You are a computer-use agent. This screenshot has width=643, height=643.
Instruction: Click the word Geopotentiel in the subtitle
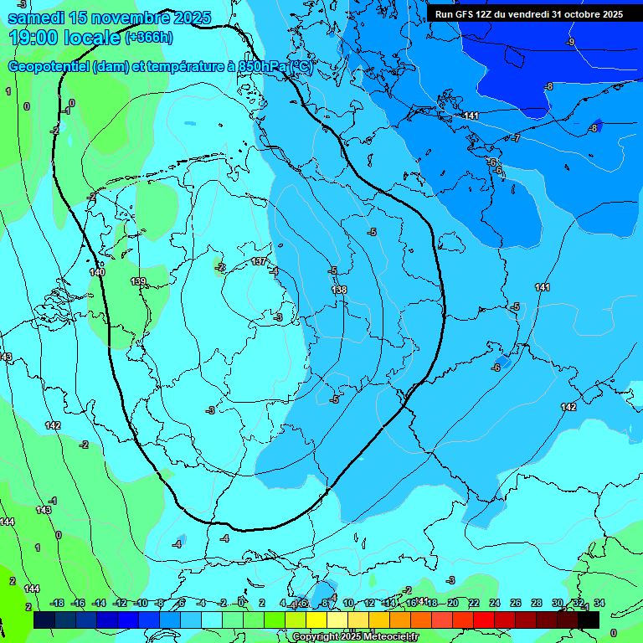click(49, 67)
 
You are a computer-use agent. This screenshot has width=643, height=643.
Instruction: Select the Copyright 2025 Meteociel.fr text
click(355, 637)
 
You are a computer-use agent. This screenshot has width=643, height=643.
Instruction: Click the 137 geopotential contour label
click(260, 262)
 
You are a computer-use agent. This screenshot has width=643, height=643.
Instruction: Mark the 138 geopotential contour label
click(339, 290)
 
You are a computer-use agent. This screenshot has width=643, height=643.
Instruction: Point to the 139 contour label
click(138, 281)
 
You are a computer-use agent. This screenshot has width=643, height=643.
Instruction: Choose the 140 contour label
click(97, 272)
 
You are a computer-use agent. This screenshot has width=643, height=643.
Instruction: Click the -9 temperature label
click(570, 42)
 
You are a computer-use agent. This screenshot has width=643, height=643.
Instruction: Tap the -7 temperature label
click(517, 138)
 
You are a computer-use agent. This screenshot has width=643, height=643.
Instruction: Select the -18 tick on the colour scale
click(57, 603)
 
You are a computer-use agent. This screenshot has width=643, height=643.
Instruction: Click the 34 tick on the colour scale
click(599, 603)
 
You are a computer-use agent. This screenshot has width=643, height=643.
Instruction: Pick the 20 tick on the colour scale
click(452, 603)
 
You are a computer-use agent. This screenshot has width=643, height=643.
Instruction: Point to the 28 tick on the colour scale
click(537, 603)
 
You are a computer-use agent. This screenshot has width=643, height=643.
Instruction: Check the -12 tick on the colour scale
click(120, 603)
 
